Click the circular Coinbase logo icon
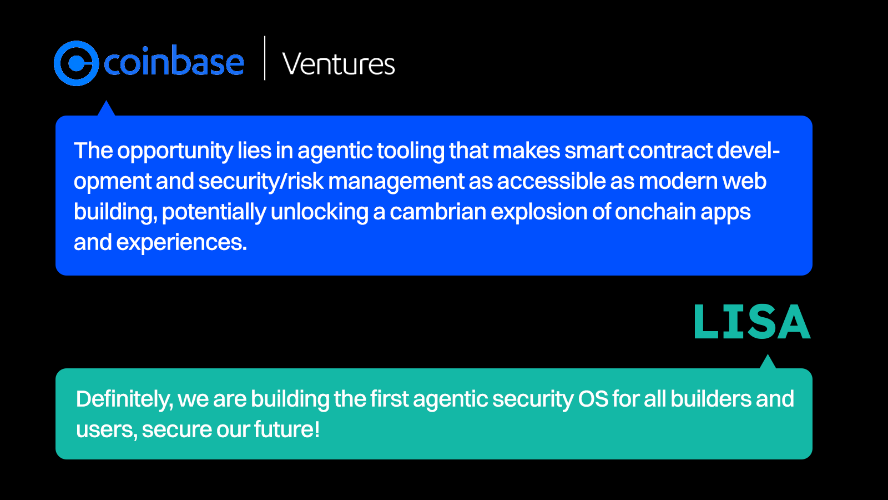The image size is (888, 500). tap(76, 63)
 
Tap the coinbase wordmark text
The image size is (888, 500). tap(174, 62)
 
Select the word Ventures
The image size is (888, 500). tap(339, 64)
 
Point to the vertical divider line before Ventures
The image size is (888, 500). tap(265, 58)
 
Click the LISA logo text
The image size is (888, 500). tap(752, 322)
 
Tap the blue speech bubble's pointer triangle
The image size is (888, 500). tap(106, 109)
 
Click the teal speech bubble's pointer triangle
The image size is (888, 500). tap(768, 363)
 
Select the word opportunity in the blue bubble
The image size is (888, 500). tap(175, 151)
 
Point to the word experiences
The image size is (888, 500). tap(181, 243)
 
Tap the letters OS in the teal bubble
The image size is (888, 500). tap(593, 399)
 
